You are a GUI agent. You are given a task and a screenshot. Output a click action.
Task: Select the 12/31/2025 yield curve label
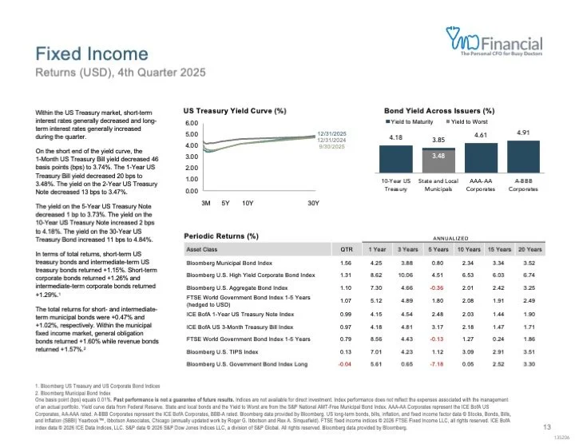coord(330,133)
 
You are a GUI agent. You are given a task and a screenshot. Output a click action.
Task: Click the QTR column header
coord(346,249)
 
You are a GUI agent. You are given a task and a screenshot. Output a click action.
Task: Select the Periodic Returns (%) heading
coord(221,236)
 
